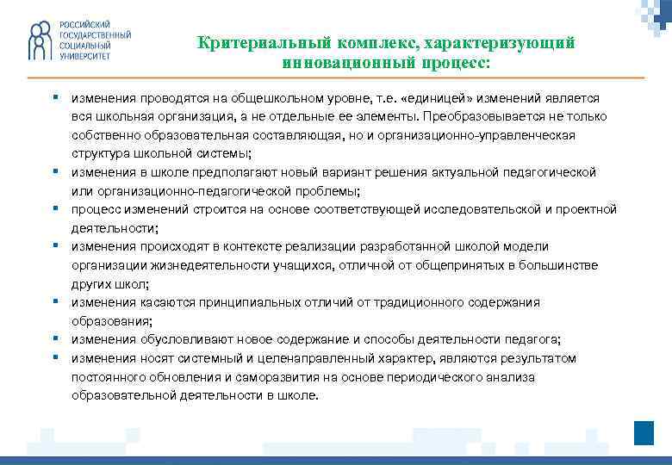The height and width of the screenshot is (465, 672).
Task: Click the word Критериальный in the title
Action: (250, 42)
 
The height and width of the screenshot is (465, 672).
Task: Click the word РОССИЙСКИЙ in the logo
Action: (84, 24)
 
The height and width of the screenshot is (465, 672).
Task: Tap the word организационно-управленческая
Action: (494, 135)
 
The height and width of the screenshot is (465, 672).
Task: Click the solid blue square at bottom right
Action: (644, 432)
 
